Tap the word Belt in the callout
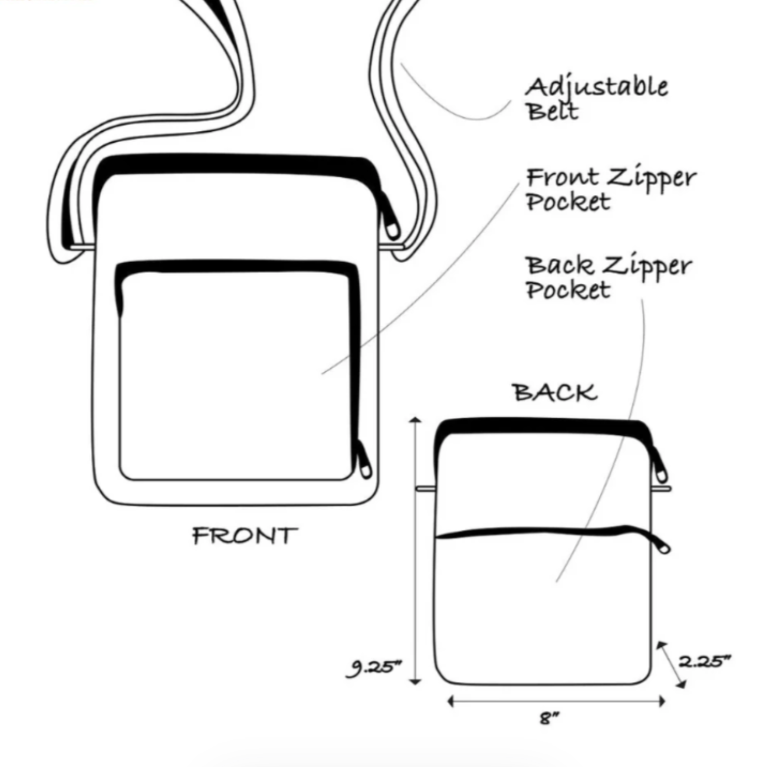[552, 111]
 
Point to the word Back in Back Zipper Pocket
[560, 265]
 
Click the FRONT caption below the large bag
[244, 536]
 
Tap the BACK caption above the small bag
[555, 393]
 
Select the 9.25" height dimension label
[374, 667]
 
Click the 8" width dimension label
[549, 718]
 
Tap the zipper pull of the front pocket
[364, 460]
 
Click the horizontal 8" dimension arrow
[556, 701]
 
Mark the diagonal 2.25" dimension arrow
[671, 664]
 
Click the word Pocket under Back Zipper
[568, 290]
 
